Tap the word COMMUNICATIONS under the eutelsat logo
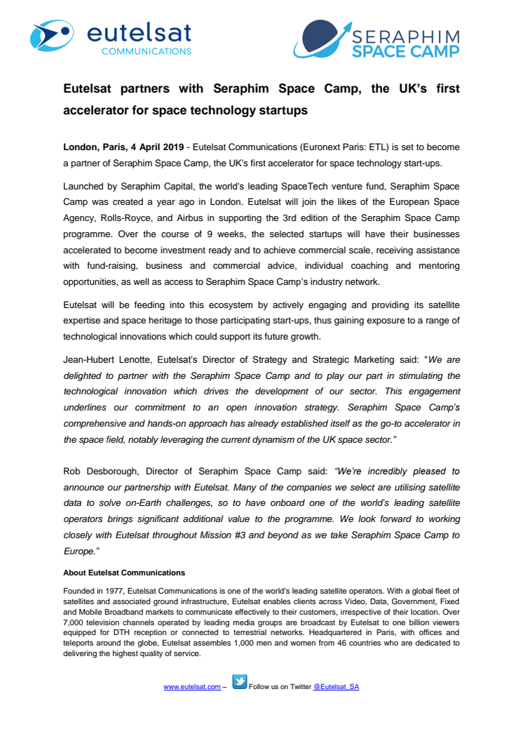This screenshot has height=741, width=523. pos(146,51)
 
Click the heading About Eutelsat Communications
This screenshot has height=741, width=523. pos(124,573)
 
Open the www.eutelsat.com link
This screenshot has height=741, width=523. pos(191,687)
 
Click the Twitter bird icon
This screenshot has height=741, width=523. pos(239,682)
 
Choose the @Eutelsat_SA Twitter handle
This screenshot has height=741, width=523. pos(336,687)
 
